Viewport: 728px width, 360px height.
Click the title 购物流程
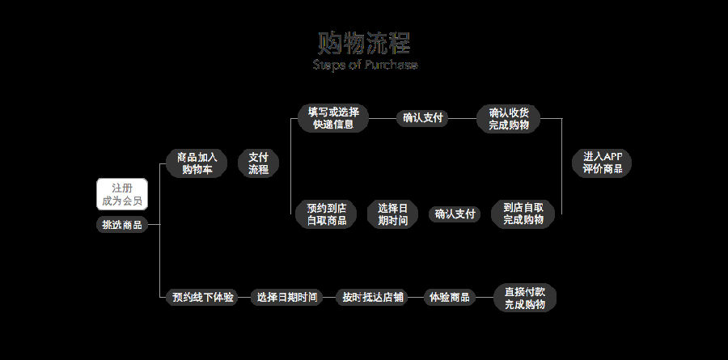coord(364,43)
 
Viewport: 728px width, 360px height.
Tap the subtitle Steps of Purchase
coord(365,65)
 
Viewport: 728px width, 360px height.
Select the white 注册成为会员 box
coord(122,194)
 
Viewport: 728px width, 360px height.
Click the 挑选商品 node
coord(122,225)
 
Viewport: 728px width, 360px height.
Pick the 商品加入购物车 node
coord(197,163)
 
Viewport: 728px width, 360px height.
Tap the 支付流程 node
coord(258,163)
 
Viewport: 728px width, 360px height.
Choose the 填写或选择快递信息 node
coord(332,118)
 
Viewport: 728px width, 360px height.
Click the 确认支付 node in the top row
coord(423,118)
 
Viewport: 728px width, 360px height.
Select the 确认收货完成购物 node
coord(509,118)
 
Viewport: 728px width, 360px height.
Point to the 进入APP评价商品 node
coord(602,163)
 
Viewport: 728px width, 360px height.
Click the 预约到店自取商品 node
coord(326,214)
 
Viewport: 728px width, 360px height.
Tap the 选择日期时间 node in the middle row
coord(392,214)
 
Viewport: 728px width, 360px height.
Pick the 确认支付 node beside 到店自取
coord(455,214)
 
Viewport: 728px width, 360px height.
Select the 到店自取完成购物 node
coord(523,214)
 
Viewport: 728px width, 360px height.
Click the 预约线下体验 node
coord(203,297)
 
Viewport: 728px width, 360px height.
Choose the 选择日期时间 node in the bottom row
coord(286,297)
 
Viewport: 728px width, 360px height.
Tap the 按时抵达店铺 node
coord(373,297)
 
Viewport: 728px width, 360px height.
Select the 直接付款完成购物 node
coord(525,297)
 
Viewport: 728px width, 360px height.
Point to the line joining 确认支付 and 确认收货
coord(462,118)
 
